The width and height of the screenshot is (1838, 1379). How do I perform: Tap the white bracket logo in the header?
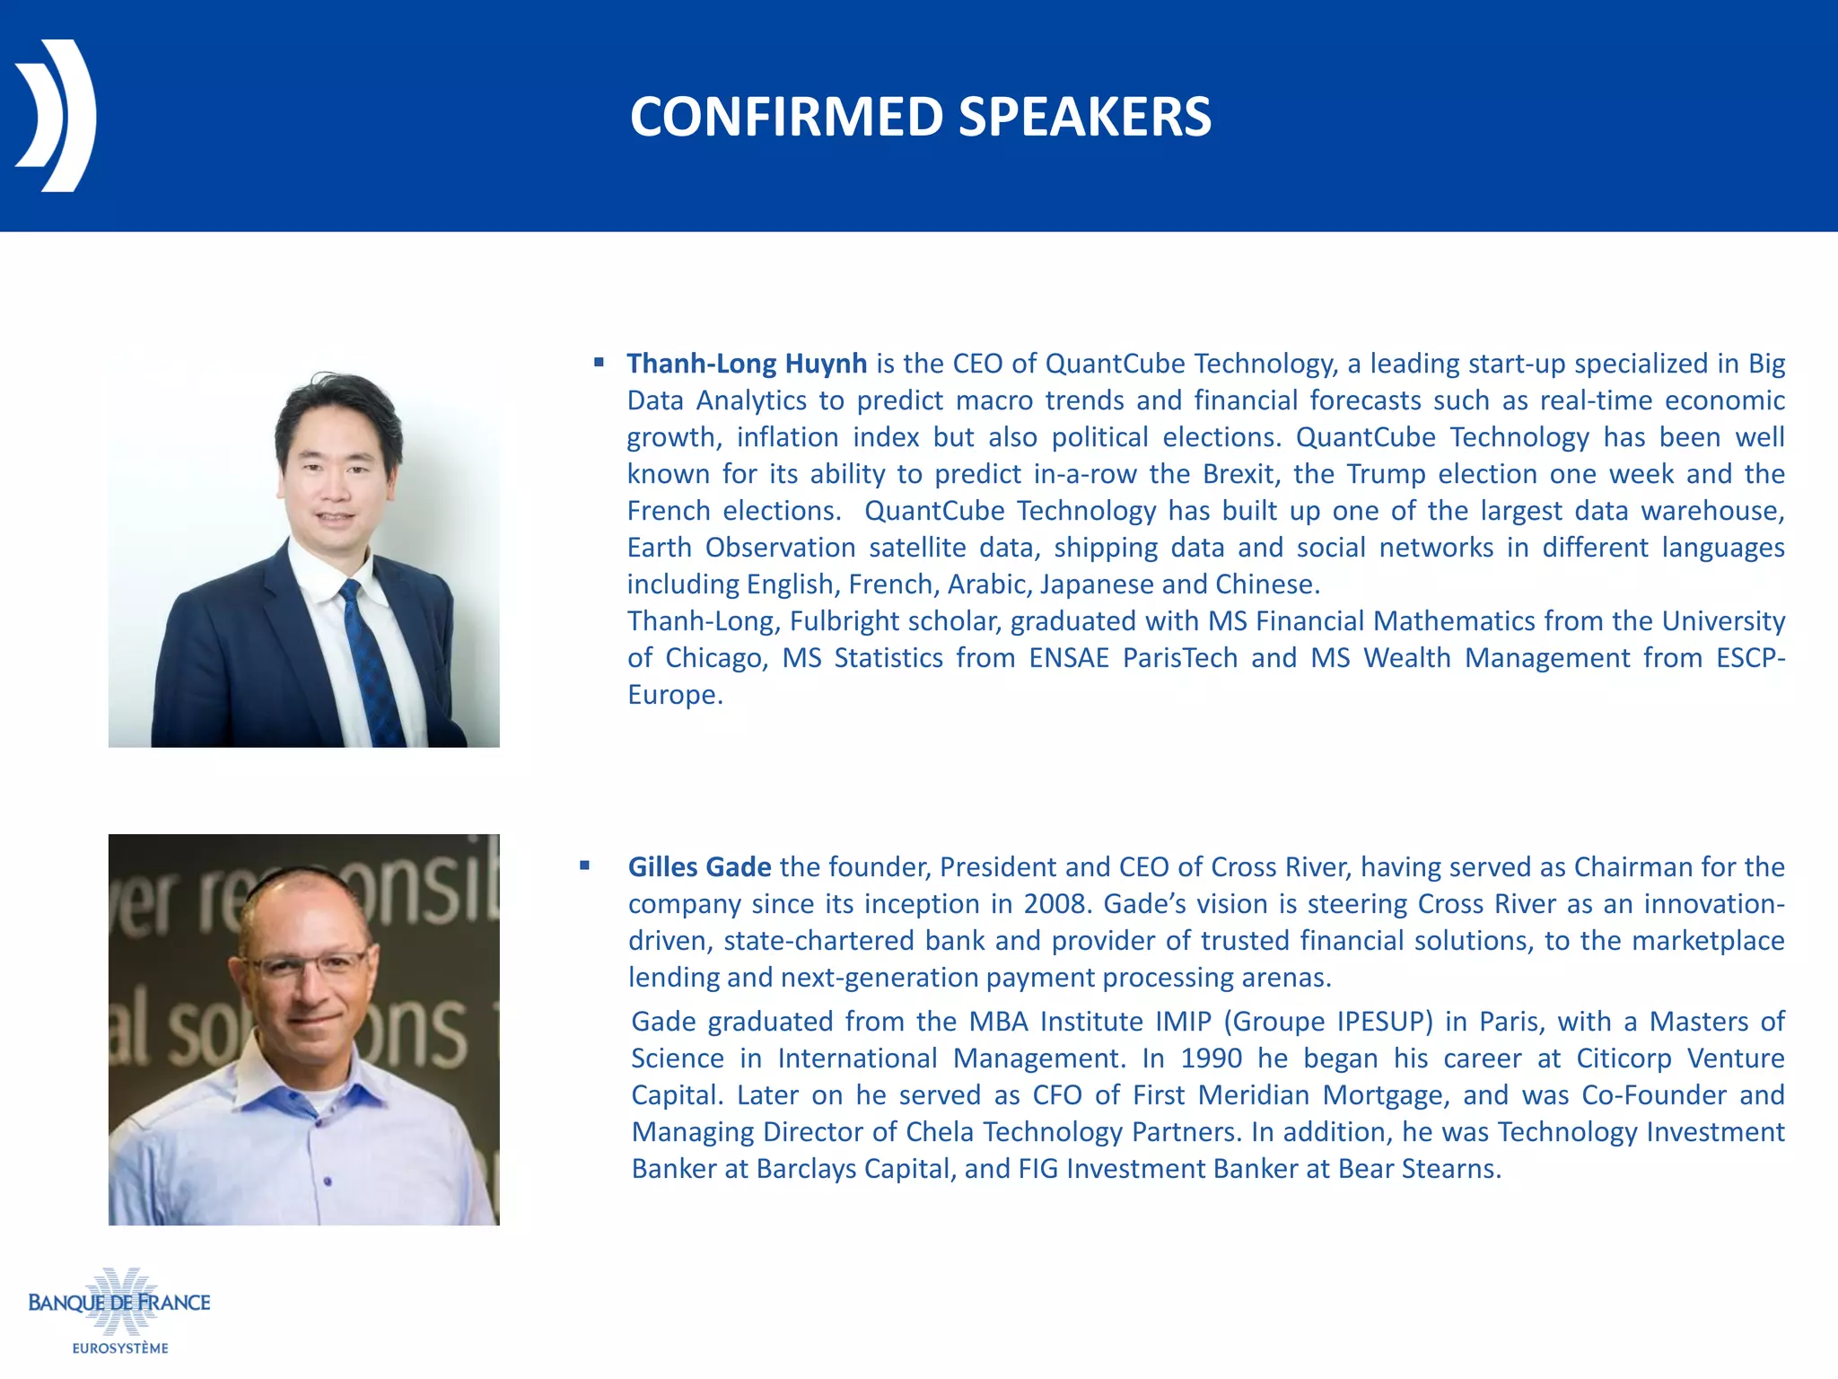point(56,115)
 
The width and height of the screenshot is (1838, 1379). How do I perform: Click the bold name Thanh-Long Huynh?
point(747,364)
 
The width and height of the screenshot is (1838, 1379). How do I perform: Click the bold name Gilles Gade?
point(699,867)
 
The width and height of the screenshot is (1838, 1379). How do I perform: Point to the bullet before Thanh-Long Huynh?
point(599,363)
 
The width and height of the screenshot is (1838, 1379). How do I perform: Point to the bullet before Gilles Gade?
point(584,865)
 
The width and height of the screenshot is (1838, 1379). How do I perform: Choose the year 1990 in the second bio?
point(1211,1058)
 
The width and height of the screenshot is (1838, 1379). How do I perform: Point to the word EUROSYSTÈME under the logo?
point(120,1348)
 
